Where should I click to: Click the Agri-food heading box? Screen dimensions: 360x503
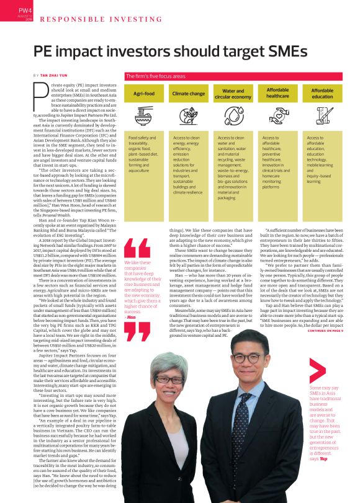144,94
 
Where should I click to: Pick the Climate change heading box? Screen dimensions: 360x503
188,94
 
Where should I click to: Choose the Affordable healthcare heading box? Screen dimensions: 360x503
277,94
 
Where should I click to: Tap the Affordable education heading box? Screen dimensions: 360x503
322,94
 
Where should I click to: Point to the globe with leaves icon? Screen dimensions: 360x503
188,116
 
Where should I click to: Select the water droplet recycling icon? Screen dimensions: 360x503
233,116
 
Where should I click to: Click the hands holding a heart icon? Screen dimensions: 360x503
277,116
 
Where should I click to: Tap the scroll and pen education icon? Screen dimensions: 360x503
322,116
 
